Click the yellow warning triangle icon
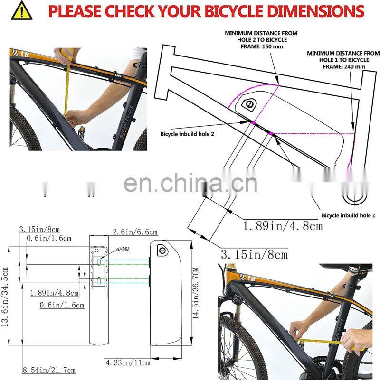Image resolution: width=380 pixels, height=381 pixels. click(22, 11)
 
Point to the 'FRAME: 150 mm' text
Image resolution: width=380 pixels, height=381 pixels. click(262, 46)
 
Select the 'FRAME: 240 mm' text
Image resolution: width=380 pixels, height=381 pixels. click(344, 66)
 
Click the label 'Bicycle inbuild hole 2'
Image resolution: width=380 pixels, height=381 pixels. click(187, 134)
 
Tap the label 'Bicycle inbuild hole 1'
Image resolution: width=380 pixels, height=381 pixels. click(348, 215)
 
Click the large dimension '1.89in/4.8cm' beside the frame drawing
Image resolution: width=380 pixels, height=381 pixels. click(283, 226)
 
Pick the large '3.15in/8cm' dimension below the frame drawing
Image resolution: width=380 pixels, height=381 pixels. click(255, 255)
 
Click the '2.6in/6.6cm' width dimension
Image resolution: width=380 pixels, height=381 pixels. click(135, 232)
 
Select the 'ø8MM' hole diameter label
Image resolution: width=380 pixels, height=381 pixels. click(123, 249)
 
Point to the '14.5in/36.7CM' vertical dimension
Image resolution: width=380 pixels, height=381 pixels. click(195, 293)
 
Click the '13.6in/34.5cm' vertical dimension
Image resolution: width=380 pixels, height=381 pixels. click(5, 297)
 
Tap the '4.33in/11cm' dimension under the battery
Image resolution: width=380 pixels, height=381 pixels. click(128, 363)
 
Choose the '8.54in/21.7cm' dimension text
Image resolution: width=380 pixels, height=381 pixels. click(49, 370)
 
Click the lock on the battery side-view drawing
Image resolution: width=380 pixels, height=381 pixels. click(163, 250)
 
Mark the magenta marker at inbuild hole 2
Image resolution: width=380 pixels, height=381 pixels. click(253, 123)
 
